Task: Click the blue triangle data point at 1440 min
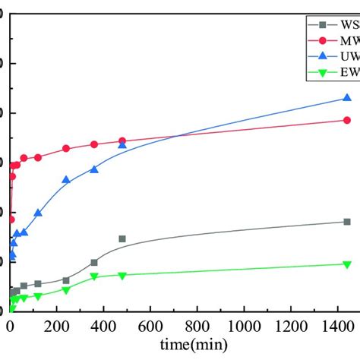(347, 98)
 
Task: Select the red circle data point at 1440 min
(347, 120)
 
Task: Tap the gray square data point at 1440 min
(347, 222)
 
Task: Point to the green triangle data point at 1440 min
(347, 264)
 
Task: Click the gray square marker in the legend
(322, 25)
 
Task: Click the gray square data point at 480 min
(122, 238)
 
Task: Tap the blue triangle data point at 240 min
(66, 180)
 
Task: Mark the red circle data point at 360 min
(94, 144)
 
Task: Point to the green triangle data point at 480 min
(122, 276)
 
